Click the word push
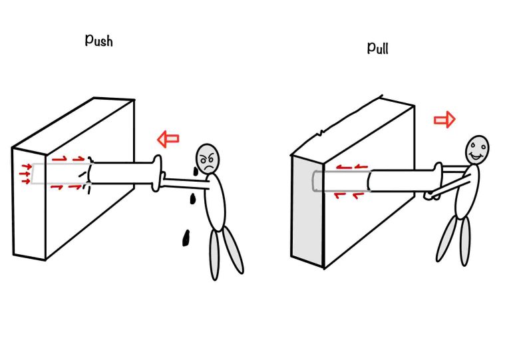[x=98, y=40]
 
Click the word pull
[x=381, y=47]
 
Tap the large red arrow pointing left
[x=168, y=139]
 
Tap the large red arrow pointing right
[x=444, y=119]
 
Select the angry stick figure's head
[x=208, y=158]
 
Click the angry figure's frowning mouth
[x=209, y=166]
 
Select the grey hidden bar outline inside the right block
[x=339, y=180]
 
